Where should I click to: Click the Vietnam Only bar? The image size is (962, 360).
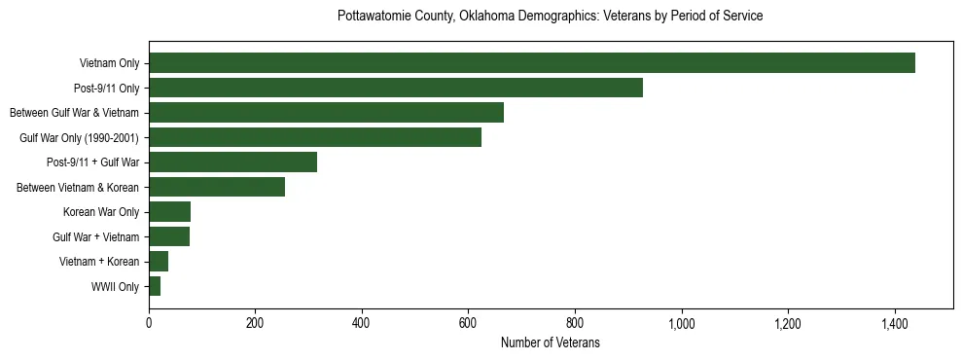531,63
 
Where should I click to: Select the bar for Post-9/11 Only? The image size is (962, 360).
395,88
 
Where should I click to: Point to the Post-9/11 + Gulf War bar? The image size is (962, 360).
232,162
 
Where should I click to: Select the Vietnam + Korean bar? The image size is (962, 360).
159,262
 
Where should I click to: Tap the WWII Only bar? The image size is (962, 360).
155,286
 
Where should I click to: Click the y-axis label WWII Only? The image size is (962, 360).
115,287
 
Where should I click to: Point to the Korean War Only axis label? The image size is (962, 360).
101,212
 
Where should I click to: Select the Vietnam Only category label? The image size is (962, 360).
109,64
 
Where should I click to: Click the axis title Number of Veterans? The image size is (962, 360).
550,342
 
